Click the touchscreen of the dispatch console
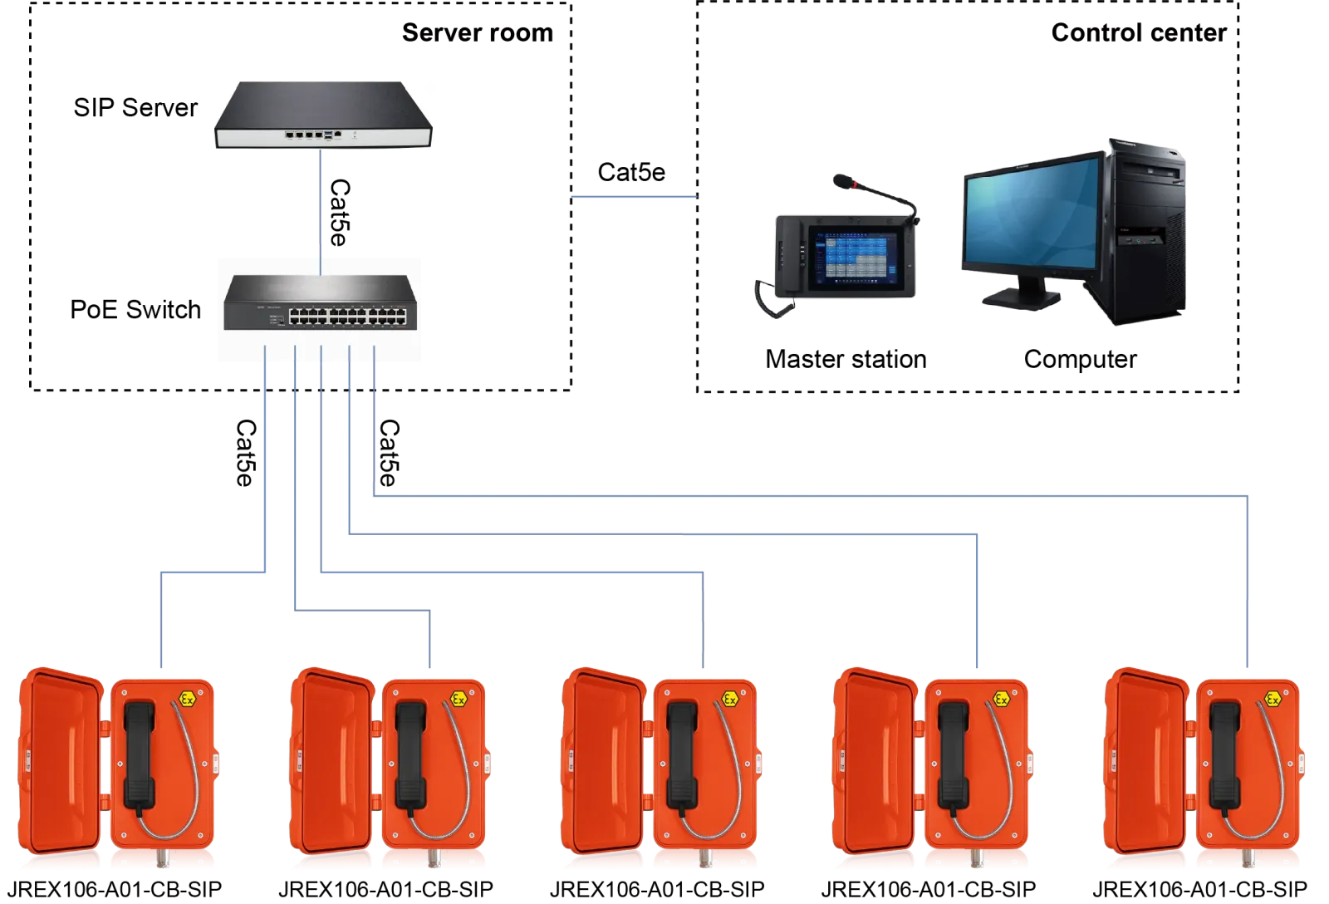[x=851, y=258]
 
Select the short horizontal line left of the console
[x=631, y=197]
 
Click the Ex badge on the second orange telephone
[x=457, y=699]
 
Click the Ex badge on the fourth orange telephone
[x=1001, y=699]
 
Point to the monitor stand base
[x=1022, y=297]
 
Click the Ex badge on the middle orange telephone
[x=729, y=699]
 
